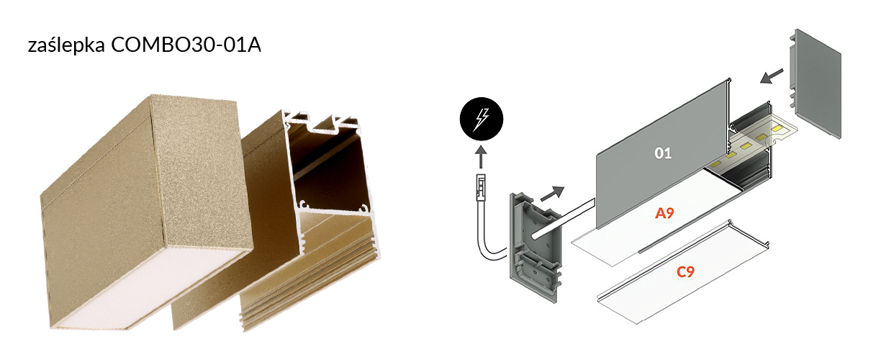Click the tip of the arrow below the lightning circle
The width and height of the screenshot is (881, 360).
481,146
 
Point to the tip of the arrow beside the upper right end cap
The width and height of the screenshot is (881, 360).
760,82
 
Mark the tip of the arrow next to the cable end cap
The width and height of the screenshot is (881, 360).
564,188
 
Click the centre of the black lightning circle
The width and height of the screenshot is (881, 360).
482,119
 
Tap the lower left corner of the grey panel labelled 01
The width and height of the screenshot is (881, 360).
597,228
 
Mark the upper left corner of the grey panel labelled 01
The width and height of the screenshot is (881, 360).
596,154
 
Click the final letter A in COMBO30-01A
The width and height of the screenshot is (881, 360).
254,45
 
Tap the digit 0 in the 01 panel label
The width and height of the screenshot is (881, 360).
659,153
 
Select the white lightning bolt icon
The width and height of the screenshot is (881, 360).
481,119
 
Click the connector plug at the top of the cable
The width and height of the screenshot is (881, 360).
481,187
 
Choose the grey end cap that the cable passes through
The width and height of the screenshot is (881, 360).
537,247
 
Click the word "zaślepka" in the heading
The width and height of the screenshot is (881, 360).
66,45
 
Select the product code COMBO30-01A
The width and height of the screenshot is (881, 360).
186,45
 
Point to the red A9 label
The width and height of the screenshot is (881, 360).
664,213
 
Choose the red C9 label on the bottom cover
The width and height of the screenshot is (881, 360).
685,271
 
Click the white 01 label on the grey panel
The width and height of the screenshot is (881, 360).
663,153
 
